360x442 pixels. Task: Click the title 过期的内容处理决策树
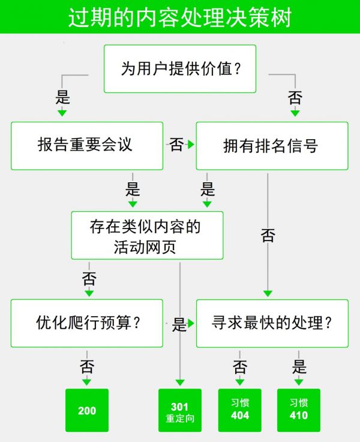(x=179, y=17)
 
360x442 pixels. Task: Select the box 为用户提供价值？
(x=180, y=69)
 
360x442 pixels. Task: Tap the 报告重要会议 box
(x=87, y=146)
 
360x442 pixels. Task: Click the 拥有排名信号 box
(x=272, y=146)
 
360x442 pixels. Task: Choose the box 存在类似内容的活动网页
(x=147, y=235)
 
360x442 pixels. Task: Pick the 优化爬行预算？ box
(x=87, y=323)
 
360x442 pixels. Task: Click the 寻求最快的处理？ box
(x=272, y=323)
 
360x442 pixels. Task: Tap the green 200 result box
(x=87, y=411)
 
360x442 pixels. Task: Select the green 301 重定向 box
(x=180, y=411)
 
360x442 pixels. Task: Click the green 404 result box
(x=239, y=411)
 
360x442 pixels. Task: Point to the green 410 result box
(x=298, y=411)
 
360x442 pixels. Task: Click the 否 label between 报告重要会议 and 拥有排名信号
(x=176, y=145)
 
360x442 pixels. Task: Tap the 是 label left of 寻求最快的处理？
(x=179, y=324)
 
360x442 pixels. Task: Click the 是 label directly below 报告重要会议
(x=133, y=190)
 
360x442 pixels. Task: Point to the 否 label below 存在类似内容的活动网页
(x=89, y=279)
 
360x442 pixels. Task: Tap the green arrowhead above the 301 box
(x=180, y=382)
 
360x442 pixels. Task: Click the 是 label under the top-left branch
(x=62, y=98)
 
